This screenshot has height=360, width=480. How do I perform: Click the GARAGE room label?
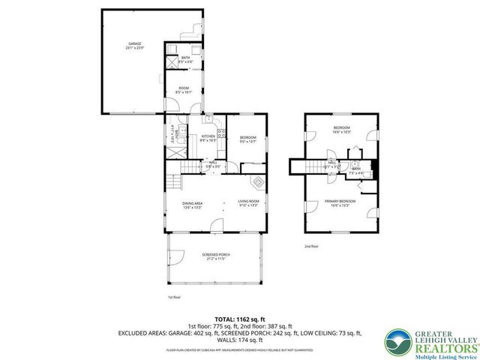(134, 45)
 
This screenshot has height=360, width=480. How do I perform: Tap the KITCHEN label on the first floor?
(208, 136)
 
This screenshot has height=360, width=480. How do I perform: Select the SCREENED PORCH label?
(215, 255)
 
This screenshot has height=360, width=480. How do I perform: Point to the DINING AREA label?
(193, 204)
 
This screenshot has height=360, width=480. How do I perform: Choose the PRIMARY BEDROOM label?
(340, 201)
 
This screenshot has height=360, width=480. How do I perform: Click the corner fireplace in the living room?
(258, 181)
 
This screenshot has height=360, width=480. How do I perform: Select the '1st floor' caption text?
(174, 297)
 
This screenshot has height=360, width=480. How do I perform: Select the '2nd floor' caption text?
(311, 246)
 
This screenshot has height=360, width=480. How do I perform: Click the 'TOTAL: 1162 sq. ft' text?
(240, 319)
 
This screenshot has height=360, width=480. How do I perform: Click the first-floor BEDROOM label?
(248, 137)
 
